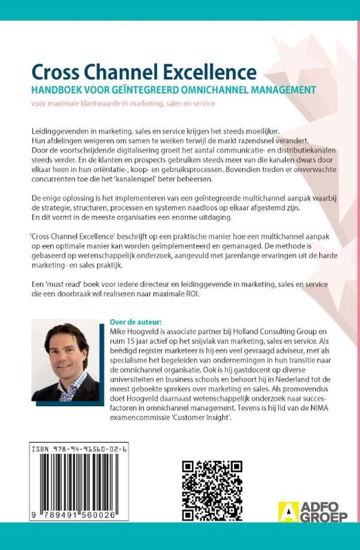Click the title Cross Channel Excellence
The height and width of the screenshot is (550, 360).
143,73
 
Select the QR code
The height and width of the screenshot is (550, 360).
212,488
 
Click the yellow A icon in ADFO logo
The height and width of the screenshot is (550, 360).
285,511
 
